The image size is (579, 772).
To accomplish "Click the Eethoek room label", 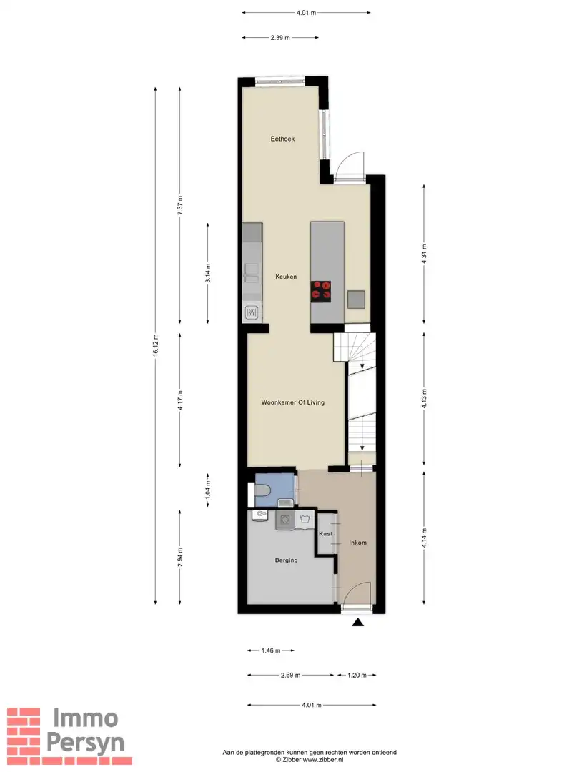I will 282,139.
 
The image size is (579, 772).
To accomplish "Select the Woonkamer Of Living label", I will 292,402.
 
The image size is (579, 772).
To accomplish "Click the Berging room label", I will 286,560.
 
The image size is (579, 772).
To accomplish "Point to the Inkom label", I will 357,543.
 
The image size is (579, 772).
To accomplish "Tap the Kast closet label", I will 325,534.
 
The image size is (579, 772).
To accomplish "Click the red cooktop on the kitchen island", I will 321,289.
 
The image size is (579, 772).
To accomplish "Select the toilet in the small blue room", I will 261,492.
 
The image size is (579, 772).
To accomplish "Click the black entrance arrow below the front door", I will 358,623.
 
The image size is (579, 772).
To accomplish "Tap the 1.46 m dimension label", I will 271,650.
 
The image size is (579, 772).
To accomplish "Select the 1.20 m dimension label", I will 357,675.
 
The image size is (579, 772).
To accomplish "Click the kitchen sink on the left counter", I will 252,270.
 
